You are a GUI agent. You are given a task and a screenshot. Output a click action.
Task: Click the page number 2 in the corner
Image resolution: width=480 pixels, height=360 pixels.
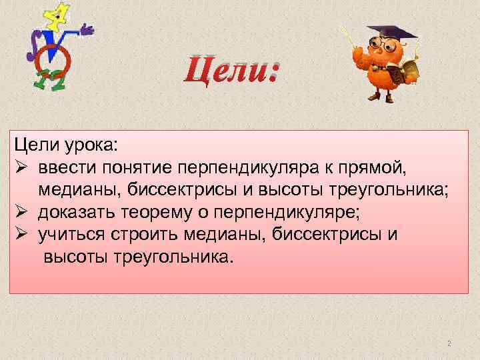pos(449,343)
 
